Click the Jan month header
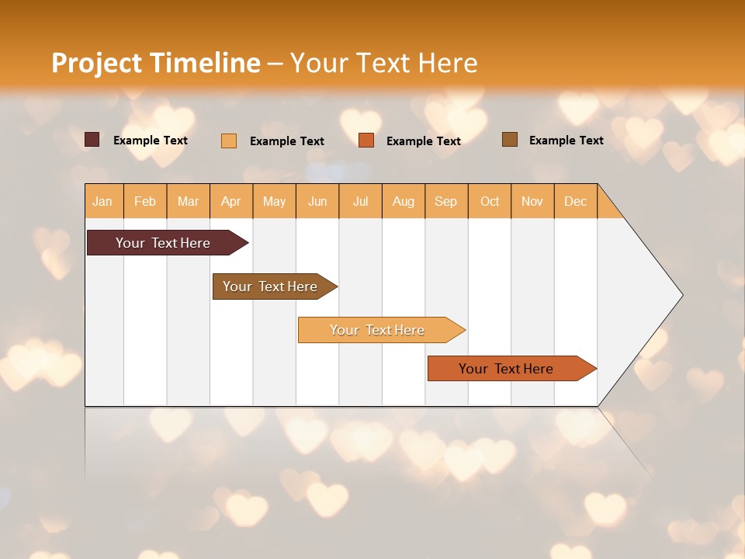click(103, 201)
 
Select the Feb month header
click(145, 201)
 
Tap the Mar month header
click(188, 201)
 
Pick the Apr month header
click(231, 201)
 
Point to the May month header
click(274, 201)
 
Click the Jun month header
click(317, 201)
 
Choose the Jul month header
click(361, 201)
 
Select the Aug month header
click(404, 201)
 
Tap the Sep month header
click(446, 201)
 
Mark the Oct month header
click(490, 201)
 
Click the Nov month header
click(532, 201)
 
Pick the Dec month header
click(576, 201)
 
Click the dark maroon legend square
click(92, 140)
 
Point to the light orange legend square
click(229, 141)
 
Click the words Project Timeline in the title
click(156, 62)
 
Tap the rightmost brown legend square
click(510, 140)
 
